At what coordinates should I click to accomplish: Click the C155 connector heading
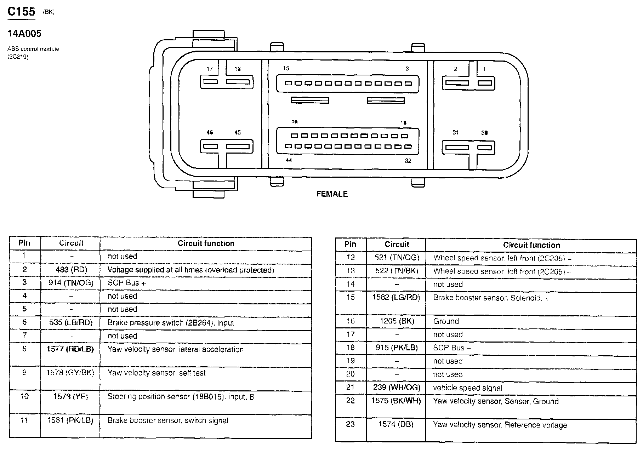click(21, 11)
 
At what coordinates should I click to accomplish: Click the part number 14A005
click(24, 34)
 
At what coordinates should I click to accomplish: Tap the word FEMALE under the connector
click(332, 194)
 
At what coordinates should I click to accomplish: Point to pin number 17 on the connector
click(210, 69)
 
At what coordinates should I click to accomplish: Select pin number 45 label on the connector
click(237, 132)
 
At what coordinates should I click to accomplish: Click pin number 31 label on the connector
click(455, 132)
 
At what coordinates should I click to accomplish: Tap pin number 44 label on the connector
click(289, 160)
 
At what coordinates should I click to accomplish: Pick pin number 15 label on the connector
click(286, 68)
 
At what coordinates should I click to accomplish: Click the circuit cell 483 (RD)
click(70, 270)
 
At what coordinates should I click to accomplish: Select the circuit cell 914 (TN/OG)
click(71, 283)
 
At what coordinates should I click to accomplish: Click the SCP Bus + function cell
click(127, 283)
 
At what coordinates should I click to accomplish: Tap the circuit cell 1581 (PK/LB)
click(70, 420)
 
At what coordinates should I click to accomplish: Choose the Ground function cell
click(446, 321)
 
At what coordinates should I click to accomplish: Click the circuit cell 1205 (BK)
click(397, 321)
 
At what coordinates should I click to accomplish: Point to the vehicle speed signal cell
click(467, 388)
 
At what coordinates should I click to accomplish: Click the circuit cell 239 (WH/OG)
click(397, 388)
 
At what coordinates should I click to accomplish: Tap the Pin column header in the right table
click(350, 244)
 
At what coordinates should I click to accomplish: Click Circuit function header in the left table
click(206, 243)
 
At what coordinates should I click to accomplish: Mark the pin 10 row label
click(24, 396)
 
